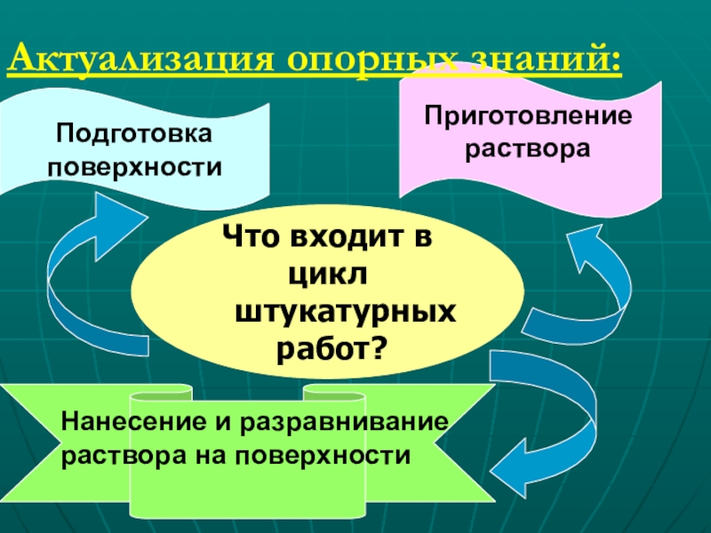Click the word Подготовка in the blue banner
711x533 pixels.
click(134, 134)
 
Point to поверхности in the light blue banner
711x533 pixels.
click(134, 166)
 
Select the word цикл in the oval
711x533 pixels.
click(328, 274)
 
